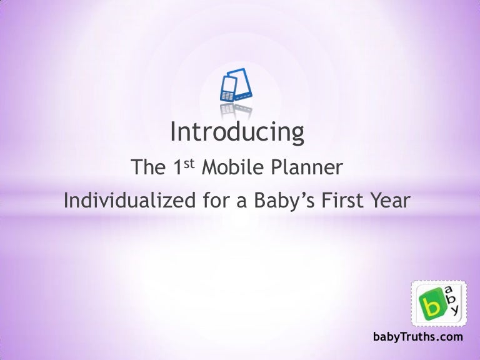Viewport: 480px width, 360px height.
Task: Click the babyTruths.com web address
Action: click(x=417, y=337)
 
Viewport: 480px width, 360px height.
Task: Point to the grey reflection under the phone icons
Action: click(x=235, y=111)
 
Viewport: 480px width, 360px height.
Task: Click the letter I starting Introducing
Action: click(x=174, y=132)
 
